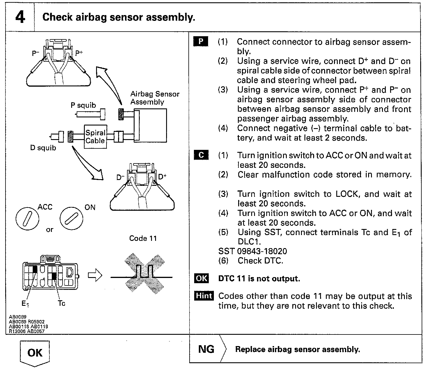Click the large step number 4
coord(20,17)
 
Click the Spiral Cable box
coord(95,137)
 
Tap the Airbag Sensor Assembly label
coord(155,98)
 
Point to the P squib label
coord(83,105)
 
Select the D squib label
coord(43,148)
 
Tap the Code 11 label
coord(143,238)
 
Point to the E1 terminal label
coord(25,303)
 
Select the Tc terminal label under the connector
coord(61,303)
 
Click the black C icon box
coord(201,155)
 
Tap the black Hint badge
coord(204,296)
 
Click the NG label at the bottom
coord(206,349)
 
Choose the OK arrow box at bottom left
coord(35,353)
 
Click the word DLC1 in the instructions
coord(249,241)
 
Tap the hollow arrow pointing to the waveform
coord(95,276)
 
